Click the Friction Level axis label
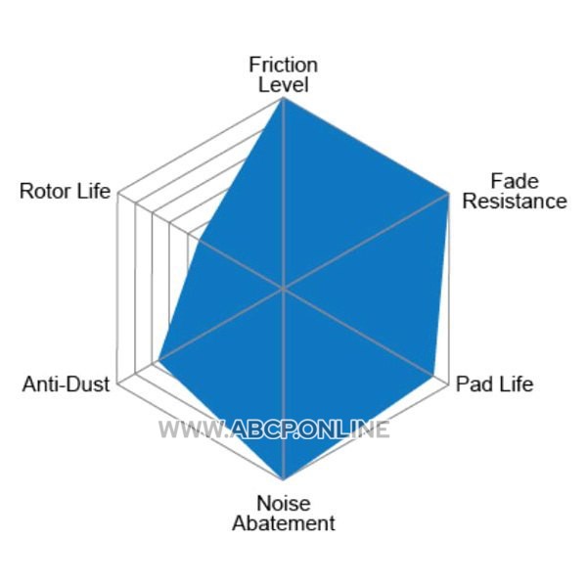pos(284,75)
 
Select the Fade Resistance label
pos(515,192)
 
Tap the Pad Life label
pos(494,384)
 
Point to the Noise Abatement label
pos(284,514)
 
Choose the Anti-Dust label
pos(66,384)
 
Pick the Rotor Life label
pos(66,191)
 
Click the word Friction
pos(284,66)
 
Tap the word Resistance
pos(515,201)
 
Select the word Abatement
pos(284,523)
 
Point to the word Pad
pos(473,384)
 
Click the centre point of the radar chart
pos(284,289)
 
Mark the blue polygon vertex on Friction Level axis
pos(284,97)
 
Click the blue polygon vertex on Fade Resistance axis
pos(449,194)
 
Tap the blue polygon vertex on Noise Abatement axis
pos(284,479)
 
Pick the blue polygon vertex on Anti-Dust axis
pos(158,360)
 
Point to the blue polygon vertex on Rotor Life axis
pos(200,240)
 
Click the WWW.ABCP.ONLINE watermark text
pos(274,429)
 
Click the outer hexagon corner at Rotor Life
pos(118,194)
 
